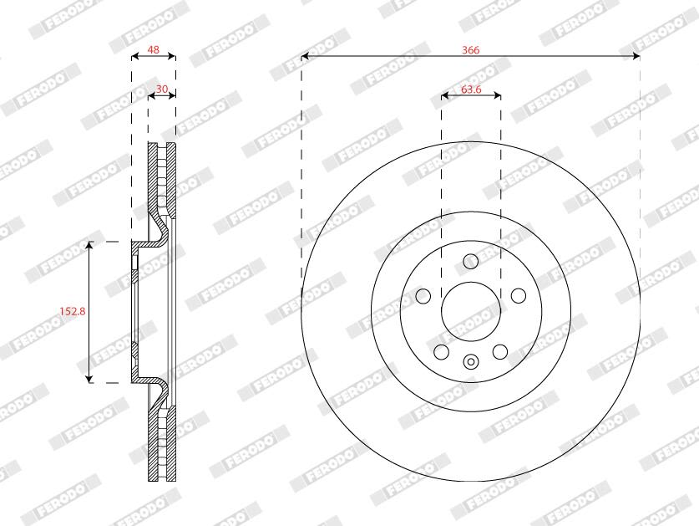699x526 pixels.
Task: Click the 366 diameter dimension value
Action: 471,50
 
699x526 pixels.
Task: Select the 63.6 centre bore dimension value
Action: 471,89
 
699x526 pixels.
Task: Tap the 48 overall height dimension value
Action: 154,49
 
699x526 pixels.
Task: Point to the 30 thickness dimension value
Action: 162,89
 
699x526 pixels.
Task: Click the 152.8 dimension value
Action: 73,311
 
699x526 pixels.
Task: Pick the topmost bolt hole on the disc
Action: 471,261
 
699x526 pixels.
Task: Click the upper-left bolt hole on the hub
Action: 423,295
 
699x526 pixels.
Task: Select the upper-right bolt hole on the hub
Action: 519,295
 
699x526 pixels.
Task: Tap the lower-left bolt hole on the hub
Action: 441,352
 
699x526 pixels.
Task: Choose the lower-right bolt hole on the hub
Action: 500,352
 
